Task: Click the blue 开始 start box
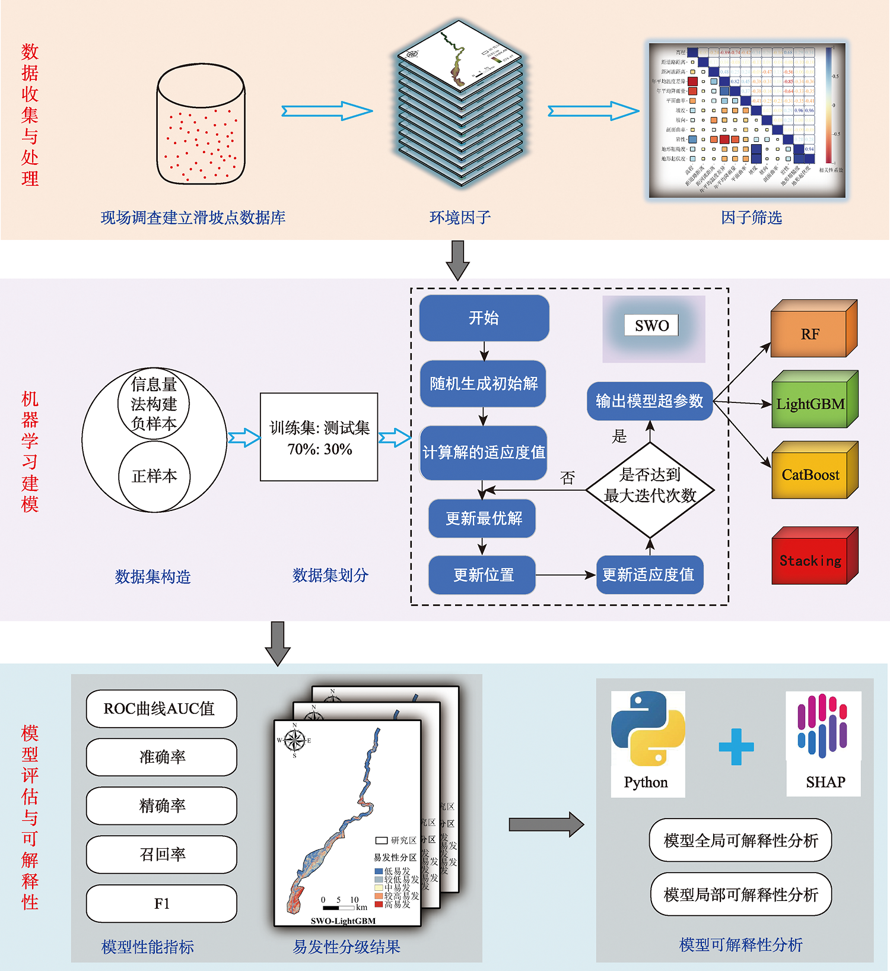(484, 318)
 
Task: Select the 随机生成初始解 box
(484, 383)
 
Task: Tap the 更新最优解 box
(482, 519)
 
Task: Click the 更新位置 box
(482, 575)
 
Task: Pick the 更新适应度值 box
(649, 575)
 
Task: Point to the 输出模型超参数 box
(650, 401)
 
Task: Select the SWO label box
(651, 325)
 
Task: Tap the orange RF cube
(810, 334)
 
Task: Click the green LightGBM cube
(810, 404)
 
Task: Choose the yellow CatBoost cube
(810, 475)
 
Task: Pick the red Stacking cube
(810, 560)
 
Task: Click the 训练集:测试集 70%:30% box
(319, 437)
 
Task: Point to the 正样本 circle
(154, 476)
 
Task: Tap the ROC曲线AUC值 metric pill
(161, 709)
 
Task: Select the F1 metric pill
(161, 903)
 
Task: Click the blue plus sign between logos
(736, 746)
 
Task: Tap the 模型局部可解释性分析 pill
(740, 894)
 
